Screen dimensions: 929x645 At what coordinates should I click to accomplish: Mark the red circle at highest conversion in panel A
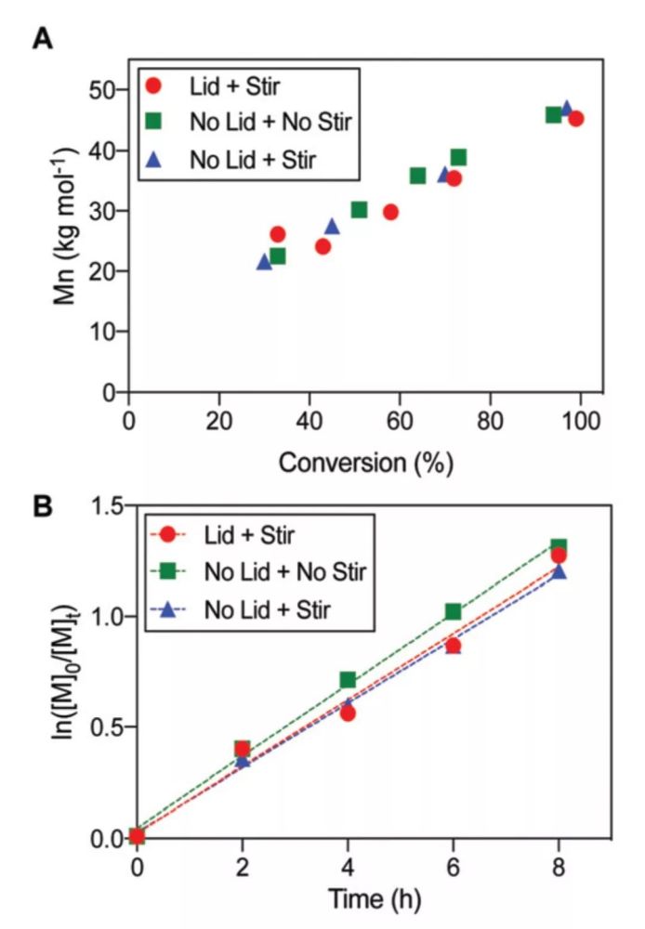[576, 119]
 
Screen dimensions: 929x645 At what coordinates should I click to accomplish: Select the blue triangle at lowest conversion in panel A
[264, 262]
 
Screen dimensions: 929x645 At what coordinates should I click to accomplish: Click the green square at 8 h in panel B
[559, 547]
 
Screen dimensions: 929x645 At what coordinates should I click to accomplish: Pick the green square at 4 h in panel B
[348, 680]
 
